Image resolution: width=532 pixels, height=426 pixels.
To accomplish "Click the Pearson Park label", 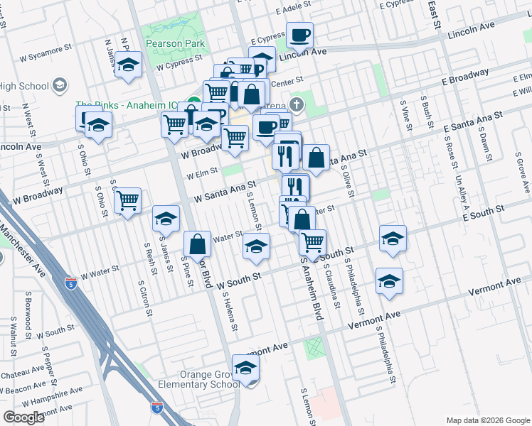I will (175, 43).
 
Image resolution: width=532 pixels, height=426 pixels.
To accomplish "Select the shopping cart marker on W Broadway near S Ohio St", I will (127, 201).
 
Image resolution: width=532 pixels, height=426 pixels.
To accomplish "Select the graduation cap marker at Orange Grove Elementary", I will (246, 368).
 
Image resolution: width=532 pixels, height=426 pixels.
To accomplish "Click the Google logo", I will (23, 417).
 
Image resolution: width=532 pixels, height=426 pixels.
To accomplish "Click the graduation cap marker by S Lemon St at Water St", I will (256, 246).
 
